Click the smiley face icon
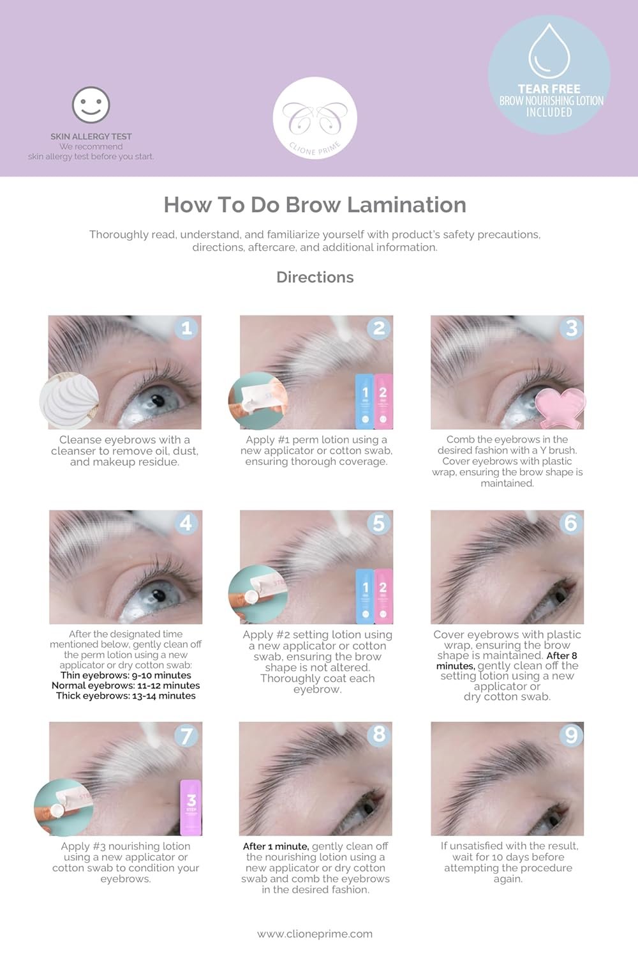[x=91, y=105]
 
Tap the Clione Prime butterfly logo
[x=315, y=118]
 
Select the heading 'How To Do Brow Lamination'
[x=315, y=205]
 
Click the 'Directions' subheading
[x=315, y=277]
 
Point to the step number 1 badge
[x=187, y=328]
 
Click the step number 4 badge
[x=186, y=523]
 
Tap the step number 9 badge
[x=572, y=734]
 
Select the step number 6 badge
[x=571, y=522]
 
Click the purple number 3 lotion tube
[x=191, y=807]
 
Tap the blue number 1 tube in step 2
[x=365, y=401]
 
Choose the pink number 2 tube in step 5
[x=383, y=596]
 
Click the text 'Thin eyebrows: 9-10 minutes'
[x=126, y=675]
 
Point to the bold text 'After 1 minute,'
[x=276, y=846]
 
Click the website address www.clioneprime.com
[x=315, y=934]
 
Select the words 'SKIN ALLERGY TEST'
[x=91, y=137]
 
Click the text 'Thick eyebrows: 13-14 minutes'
[x=126, y=696]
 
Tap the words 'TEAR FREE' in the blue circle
[x=549, y=89]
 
